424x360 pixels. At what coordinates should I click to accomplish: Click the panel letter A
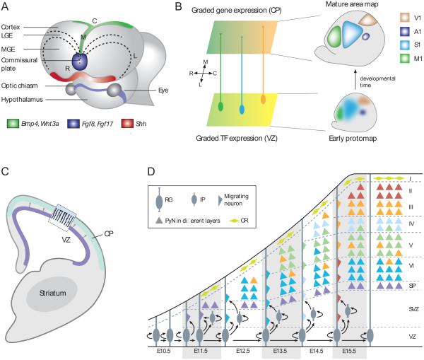(6, 6)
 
